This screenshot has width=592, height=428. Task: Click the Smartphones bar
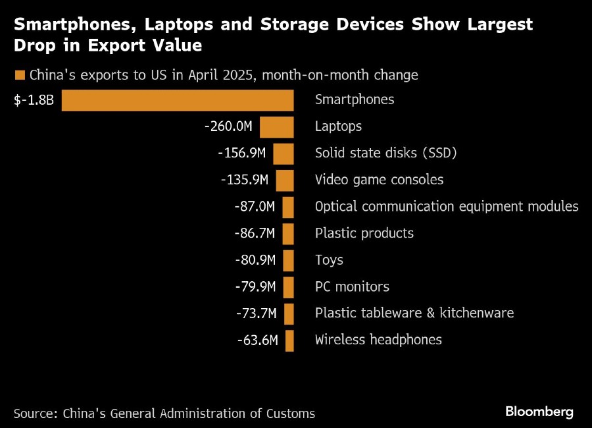178,100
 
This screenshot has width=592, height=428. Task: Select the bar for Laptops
276,126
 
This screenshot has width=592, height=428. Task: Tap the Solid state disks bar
284,153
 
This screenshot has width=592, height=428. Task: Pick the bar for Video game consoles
285,180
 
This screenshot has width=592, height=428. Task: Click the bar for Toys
288,260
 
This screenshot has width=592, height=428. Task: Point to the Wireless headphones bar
289,340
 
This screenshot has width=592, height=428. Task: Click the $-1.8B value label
34,100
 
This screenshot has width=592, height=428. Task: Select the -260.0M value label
229,126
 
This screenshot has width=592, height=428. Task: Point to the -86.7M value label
255,233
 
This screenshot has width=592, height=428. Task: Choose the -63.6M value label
258,340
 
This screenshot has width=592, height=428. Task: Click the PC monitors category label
352,286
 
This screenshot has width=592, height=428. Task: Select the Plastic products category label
364,233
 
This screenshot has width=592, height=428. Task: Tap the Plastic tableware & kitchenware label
414,313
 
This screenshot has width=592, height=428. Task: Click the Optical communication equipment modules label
447,207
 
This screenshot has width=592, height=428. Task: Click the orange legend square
19,74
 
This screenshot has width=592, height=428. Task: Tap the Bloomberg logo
539,412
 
